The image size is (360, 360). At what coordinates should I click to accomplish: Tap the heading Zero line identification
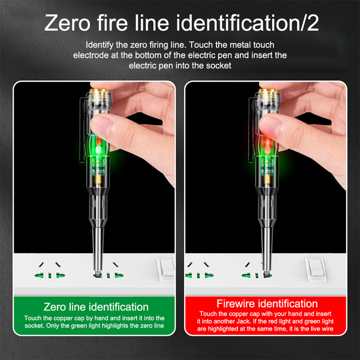[x=96, y=307]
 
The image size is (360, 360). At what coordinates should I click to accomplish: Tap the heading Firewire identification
[x=267, y=303]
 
